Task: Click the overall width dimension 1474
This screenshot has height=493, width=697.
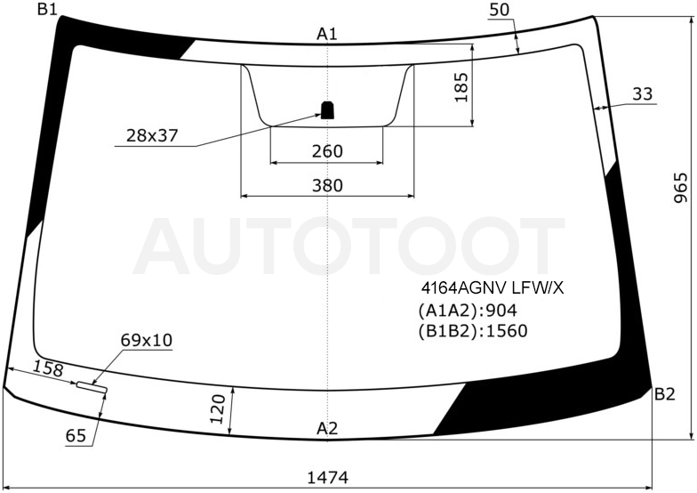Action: click(327, 477)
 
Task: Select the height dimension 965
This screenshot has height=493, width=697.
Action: click(681, 188)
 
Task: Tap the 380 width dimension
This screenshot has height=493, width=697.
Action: click(327, 185)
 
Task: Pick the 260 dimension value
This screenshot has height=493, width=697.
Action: click(327, 151)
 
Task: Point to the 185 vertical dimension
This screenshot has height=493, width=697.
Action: click(461, 87)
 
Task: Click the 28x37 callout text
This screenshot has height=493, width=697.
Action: click(152, 135)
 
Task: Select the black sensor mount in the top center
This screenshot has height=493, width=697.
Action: click(327, 110)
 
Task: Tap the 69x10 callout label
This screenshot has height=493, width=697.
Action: click(146, 340)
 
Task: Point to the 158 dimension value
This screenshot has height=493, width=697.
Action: click(48, 368)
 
